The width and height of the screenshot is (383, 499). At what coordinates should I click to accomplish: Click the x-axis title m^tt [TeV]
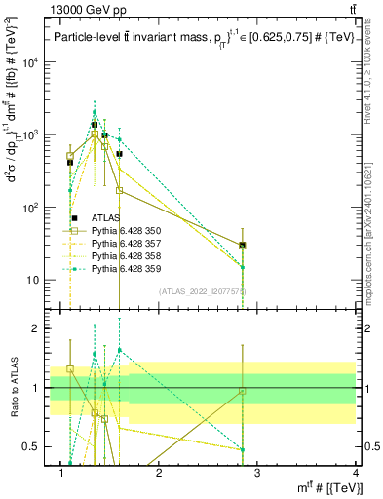point(324,488)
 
